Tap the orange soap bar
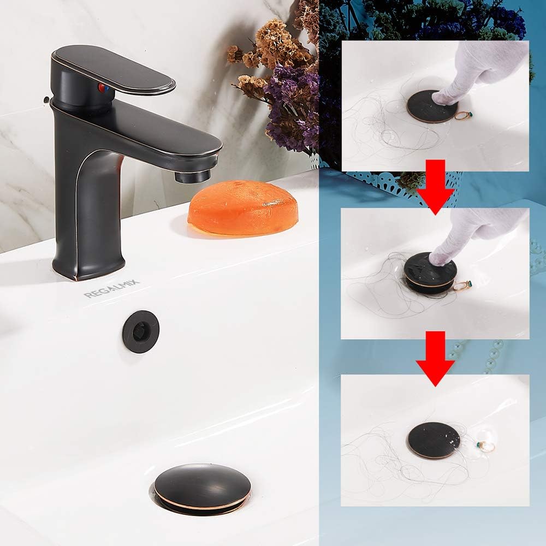point(243,208)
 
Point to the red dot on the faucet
point(100,87)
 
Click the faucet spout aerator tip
point(193,176)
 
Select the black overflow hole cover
point(141,332)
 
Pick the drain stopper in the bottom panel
point(434,440)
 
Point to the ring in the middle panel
point(463,285)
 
